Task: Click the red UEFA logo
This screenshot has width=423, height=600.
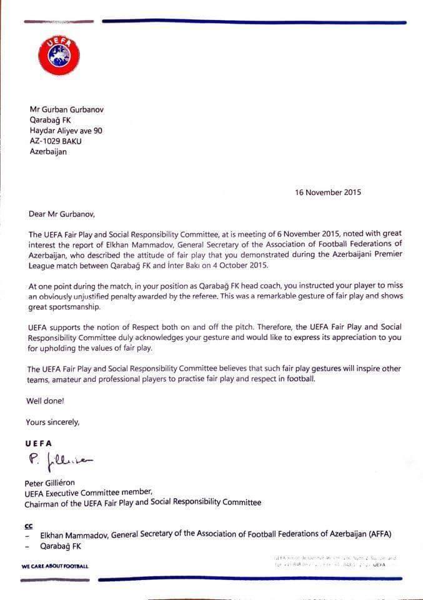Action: click(59, 54)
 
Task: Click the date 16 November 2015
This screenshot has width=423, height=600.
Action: click(328, 192)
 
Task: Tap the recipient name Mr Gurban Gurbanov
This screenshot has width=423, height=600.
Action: click(67, 109)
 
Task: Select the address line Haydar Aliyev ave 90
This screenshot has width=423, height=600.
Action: click(66, 131)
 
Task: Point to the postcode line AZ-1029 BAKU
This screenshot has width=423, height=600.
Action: click(56, 141)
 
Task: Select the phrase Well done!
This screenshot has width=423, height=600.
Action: click(45, 401)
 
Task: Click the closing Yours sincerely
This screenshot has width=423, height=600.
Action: click(53, 422)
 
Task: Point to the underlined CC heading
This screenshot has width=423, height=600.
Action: click(29, 526)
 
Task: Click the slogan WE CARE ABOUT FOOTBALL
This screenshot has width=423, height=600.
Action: click(55, 566)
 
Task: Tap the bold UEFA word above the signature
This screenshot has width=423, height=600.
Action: click(39, 442)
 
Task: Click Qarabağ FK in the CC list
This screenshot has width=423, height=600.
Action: click(61, 546)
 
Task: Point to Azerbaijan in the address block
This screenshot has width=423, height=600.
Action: click(47, 152)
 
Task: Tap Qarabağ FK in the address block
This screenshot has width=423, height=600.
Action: click(51, 120)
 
